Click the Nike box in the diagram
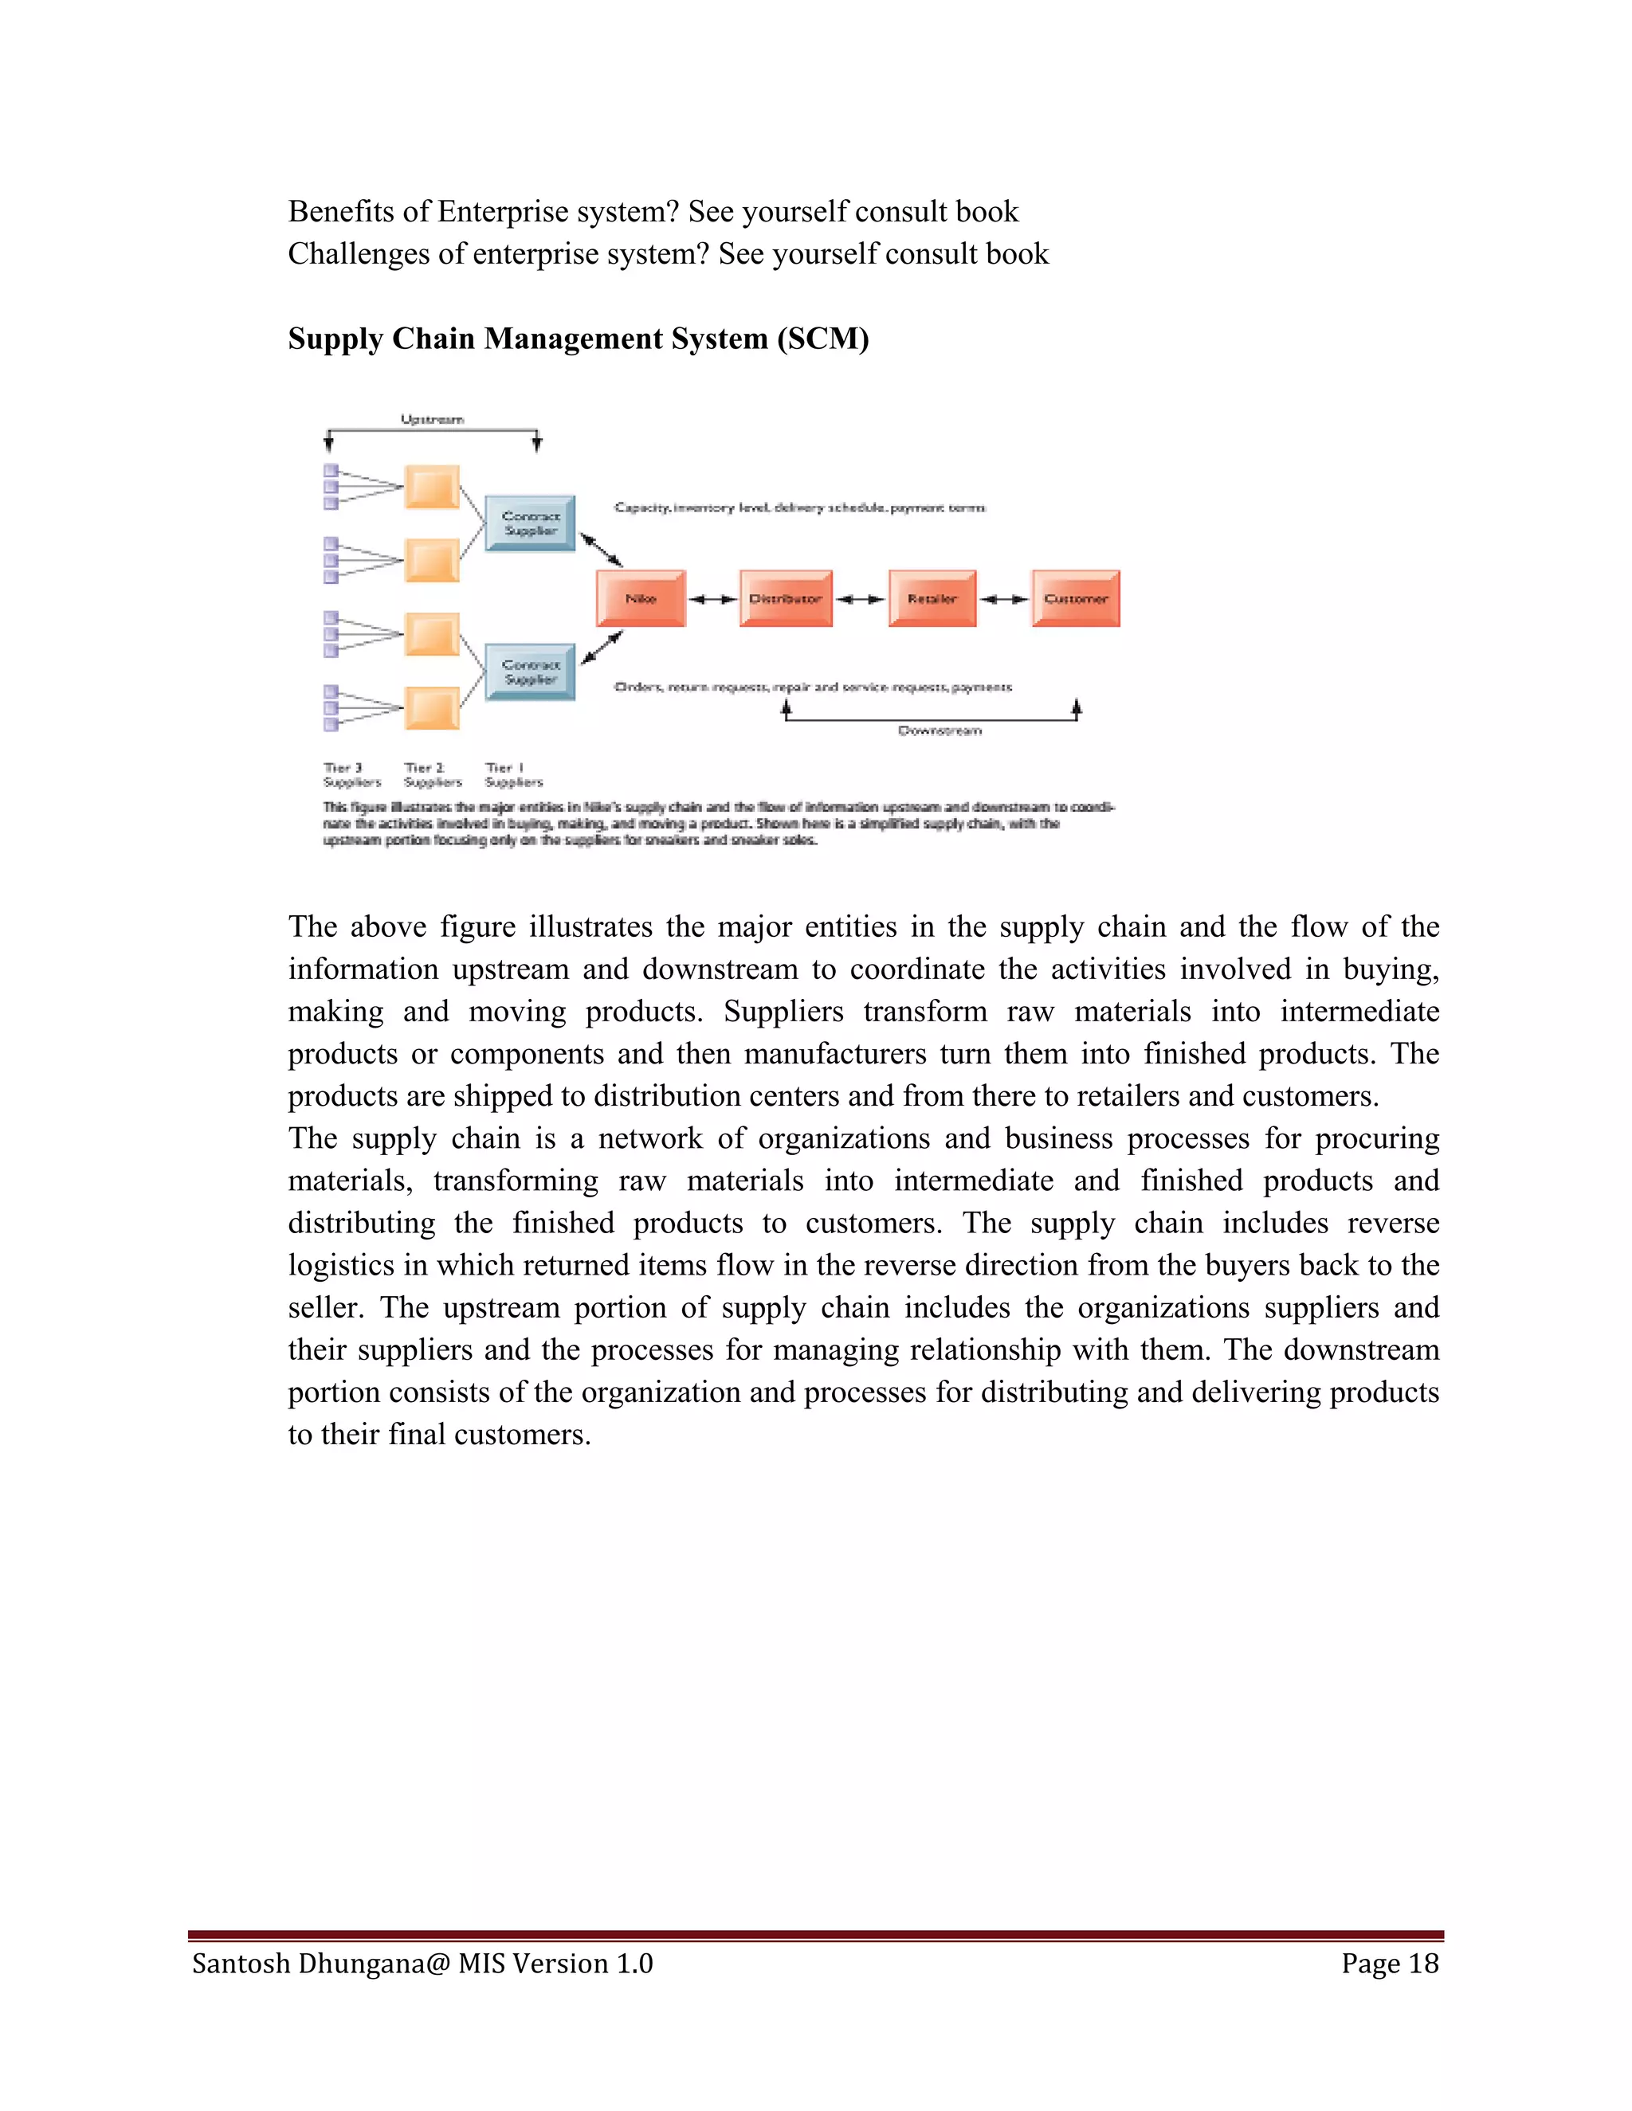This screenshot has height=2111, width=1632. (x=641, y=598)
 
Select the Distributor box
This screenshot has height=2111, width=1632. (x=785, y=598)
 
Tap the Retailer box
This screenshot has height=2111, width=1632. (x=932, y=598)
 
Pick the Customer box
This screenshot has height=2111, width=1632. (x=1075, y=598)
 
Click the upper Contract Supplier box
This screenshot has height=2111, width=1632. (x=530, y=523)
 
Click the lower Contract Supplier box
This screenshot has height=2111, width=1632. (x=530, y=672)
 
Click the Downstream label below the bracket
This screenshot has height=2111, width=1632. (x=940, y=730)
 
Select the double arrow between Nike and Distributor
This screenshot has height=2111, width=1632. (x=712, y=599)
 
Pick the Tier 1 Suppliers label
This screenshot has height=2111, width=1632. (x=513, y=774)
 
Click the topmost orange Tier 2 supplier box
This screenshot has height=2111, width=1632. (x=431, y=486)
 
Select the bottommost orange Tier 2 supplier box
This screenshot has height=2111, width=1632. (x=431, y=708)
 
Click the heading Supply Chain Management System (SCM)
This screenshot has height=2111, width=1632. (x=579, y=339)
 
